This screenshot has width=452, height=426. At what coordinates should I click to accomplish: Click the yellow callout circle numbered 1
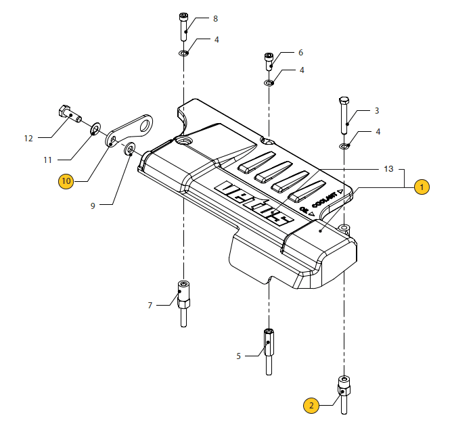click(x=421, y=187)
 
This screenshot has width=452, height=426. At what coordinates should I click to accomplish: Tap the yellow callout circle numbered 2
click(x=311, y=405)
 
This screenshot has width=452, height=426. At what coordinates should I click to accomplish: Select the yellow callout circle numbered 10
click(x=66, y=181)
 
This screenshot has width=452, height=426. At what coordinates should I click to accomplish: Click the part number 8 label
click(x=215, y=19)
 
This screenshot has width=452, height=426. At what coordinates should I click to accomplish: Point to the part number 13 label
click(x=388, y=168)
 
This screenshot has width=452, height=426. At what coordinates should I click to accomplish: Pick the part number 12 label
click(x=28, y=139)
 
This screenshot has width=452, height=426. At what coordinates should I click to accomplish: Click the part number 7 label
click(x=150, y=306)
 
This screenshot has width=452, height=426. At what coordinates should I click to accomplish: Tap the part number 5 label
click(x=238, y=355)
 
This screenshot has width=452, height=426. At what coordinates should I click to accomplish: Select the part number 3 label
click(x=377, y=111)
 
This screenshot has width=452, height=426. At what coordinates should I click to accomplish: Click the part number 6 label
click(x=300, y=53)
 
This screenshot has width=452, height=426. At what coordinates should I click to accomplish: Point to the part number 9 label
click(x=93, y=206)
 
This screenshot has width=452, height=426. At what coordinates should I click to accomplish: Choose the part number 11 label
click(x=48, y=160)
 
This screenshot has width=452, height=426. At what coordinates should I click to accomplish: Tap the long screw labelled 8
click(x=184, y=26)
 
